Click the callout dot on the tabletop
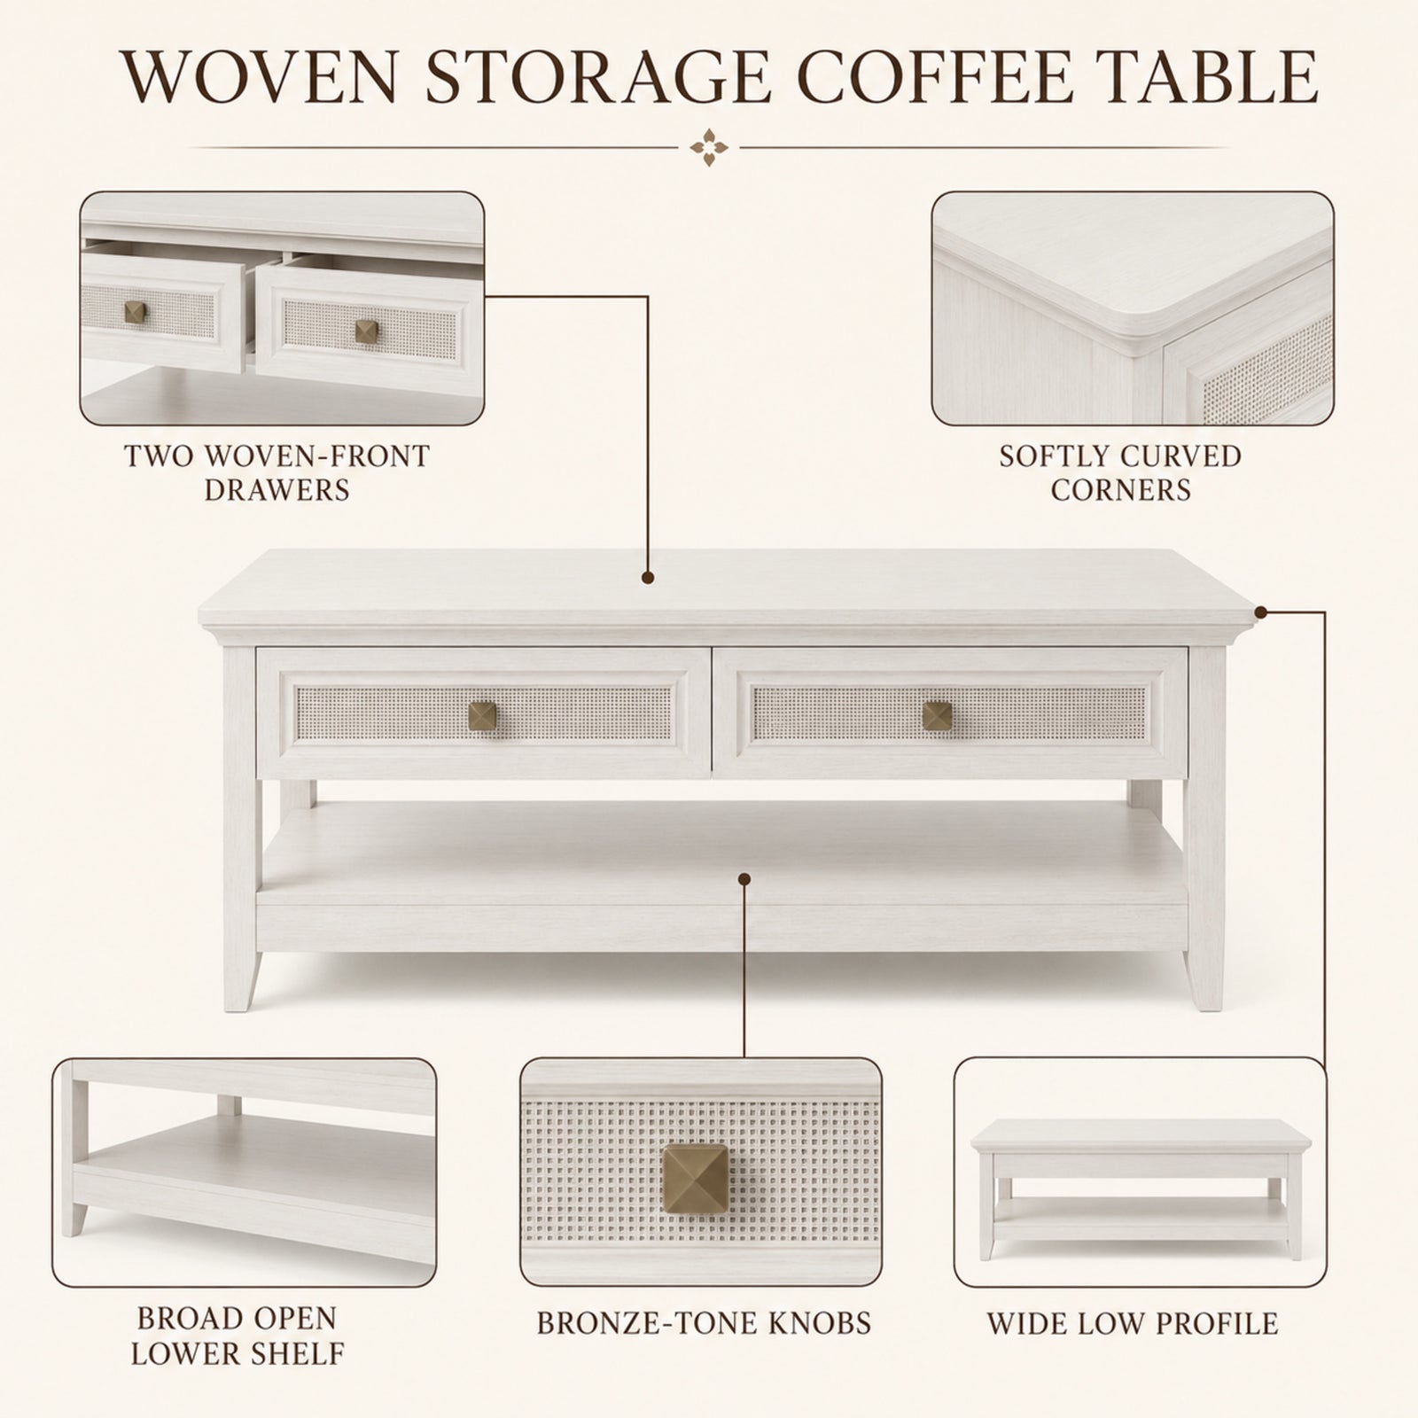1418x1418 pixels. coord(649,578)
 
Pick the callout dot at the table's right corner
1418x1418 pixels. coord(1261,611)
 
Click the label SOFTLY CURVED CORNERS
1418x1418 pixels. coord(1120,472)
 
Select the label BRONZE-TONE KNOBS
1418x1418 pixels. coord(704,1323)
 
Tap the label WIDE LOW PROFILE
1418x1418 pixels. coord(1133,1324)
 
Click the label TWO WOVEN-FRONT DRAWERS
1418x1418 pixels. coord(277,472)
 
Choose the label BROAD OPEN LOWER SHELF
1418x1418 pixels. coord(237,1336)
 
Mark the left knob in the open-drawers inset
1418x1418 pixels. coord(135,312)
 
